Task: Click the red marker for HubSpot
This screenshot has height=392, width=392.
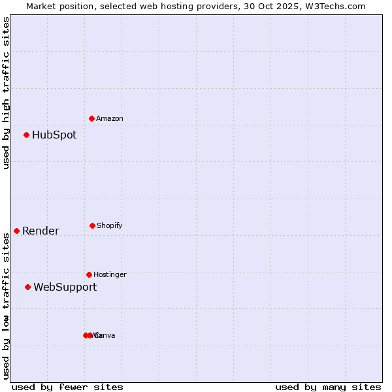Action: tap(27, 135)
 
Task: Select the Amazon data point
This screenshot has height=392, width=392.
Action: tap(92, 118)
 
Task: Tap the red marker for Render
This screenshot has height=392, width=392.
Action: tap(17, 231)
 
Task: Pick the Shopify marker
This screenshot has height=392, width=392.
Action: tap(92, 225)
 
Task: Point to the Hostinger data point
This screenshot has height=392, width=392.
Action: tap(89, 274)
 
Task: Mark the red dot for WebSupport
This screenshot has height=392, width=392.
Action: tap(28, 287)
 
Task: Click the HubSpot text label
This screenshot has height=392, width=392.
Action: tap(54, 135)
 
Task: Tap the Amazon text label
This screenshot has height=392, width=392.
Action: tap(110, 119)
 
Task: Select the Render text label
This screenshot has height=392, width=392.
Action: tap(41, 231)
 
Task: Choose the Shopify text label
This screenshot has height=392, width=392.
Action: tap(110, 226)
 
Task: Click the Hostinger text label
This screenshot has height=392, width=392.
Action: tap(110, 275)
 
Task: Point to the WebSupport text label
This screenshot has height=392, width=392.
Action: tap(65, 287)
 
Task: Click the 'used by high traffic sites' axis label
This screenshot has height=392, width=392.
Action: tap(6, 93)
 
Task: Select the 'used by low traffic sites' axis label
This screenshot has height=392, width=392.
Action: tap(6, 306)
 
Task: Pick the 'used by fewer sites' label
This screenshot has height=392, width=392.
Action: tap(67, 387)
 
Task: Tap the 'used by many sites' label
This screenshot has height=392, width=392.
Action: tap(328, 387)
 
